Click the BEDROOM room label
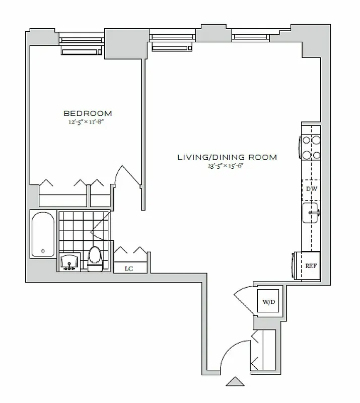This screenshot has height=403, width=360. pos(88,113)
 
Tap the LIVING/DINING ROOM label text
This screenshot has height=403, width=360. pos(227,157)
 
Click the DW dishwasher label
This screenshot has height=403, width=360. pos(311,189)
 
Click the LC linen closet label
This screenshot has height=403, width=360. pos(129,268)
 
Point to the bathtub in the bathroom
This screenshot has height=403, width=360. pos(43,235)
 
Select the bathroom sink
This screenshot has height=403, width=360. pos(69,262)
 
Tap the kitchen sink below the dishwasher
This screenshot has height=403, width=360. pos(310,213)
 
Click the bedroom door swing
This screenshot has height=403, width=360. pos(128,177)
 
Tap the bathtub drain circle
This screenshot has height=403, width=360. pos(43,250)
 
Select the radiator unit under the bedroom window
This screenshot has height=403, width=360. pos(82,50)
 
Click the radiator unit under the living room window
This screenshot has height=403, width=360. pos(172,47)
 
